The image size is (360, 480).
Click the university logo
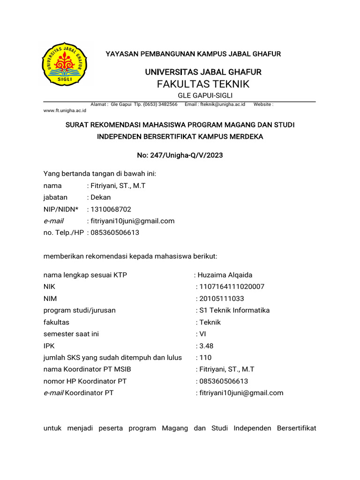coord(65,65)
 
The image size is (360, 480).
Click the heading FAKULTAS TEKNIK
coord(203,84)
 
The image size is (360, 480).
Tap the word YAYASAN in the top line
coord(121,54)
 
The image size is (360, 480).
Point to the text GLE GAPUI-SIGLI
coord(203,96)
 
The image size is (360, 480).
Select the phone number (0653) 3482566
coord(160,105)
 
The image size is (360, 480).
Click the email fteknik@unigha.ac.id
coord(223,105)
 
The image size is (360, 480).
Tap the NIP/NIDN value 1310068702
coord(111,210)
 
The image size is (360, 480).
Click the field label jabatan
coord(55,198)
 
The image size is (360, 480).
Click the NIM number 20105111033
coord(222,299)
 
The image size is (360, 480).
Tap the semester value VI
coord(202,334)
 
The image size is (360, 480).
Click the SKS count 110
coord(205,358)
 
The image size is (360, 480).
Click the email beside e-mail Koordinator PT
coord(241,393)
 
